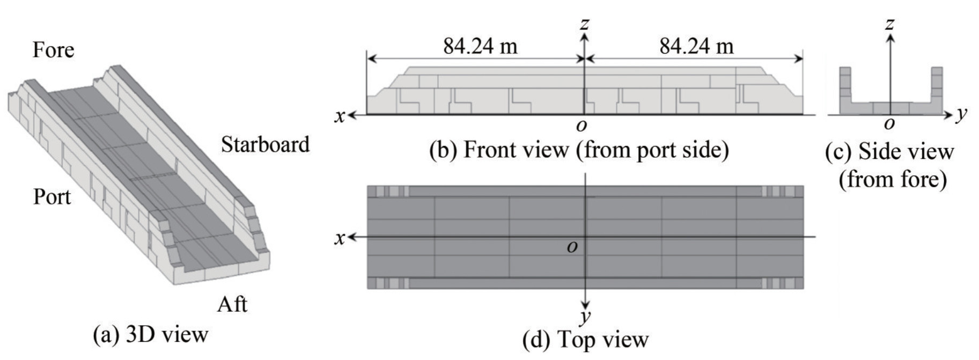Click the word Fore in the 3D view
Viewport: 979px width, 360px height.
(x=53, y=50)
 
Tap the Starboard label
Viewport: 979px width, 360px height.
(x=266, y=144)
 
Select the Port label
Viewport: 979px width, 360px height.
(x=52, y=197)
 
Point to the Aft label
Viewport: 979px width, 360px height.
(x=232, y=304)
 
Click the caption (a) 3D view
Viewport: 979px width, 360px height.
(x=151, y=334)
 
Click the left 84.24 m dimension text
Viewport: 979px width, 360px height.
(x=480, y=46)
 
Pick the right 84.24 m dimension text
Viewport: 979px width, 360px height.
(x=696, y=46)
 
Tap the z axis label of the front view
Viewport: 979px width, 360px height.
(x=585, y=24)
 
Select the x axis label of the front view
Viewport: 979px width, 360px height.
(x=340, y=116)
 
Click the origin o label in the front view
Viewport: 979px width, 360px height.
(x=581, y=126)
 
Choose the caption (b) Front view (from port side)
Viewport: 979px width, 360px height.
(x=579, y=150)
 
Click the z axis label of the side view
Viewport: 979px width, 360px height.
(x=890, y=24)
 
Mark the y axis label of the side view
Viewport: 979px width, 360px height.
(x=961, y=114)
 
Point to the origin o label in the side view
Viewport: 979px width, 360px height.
(x=889, y=124)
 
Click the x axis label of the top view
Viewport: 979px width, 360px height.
(x=340, y=238)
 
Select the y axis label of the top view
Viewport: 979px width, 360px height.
(x=585, y=316)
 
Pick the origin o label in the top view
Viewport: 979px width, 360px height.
(x=572, y=247)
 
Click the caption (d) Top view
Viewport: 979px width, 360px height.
(x=585, y=340)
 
